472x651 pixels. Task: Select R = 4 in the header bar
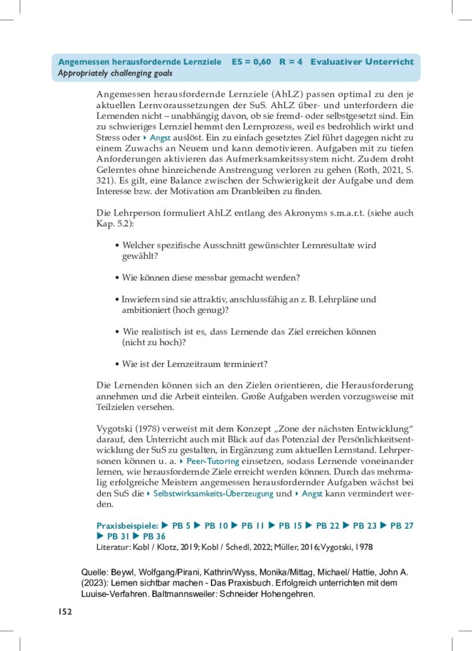[291, 62]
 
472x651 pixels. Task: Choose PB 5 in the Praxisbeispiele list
[181, 526]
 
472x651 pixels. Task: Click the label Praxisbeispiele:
[126, 526]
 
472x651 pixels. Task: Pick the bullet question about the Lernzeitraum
[194, 364]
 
